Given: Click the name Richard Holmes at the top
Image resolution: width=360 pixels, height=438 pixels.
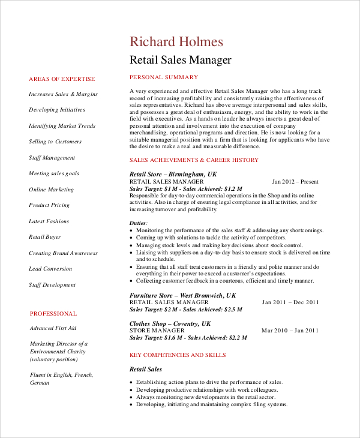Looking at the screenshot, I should (176, 41).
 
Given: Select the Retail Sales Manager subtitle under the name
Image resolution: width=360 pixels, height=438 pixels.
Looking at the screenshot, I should (181, 60).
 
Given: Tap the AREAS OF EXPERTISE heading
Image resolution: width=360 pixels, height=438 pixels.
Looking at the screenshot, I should (62, 79).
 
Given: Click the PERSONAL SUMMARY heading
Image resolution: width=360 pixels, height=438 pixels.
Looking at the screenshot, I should (164, 77).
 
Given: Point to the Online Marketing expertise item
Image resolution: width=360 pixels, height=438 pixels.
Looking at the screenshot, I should (52, 190).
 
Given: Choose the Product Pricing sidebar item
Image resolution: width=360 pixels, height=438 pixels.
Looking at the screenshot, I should (49, 205).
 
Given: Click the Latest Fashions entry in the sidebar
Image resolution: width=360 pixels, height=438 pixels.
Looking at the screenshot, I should (49, 221).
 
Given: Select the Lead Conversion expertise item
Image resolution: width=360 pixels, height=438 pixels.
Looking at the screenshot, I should (50, 269).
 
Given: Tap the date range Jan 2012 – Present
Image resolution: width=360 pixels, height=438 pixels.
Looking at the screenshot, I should (295, 181).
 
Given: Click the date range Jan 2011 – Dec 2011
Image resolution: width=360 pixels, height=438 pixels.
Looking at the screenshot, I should (290, 302).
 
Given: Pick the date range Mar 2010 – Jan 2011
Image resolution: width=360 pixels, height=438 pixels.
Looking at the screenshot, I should (290, 331).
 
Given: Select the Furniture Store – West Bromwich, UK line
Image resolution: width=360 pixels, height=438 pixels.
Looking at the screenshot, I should (183, 295).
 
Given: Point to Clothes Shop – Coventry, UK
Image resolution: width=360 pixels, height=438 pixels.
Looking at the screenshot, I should (170, 323).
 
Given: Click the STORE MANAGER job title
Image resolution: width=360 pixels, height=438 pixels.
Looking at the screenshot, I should (157, 331).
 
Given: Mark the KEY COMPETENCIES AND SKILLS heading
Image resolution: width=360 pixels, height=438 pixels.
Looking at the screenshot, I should (178, 355).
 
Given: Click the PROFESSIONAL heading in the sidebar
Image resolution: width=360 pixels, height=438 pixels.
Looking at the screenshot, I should (53, 313).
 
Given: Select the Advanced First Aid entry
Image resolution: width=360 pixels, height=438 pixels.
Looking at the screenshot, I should (53, 328).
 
